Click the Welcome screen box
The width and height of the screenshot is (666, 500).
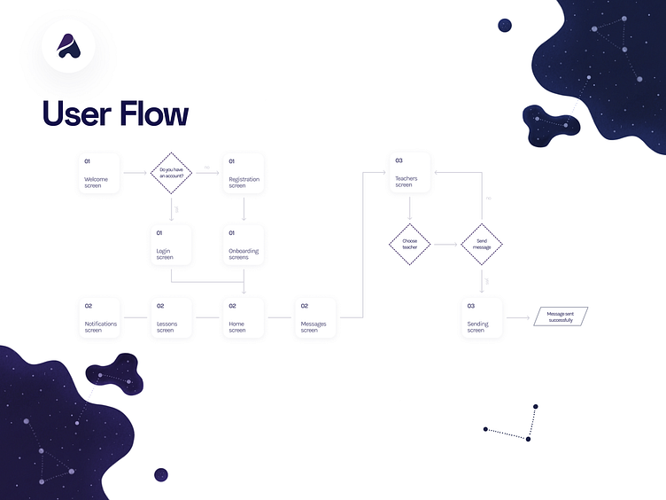99,174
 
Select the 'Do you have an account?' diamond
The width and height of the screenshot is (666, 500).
172,174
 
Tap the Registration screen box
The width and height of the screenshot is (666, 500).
244,174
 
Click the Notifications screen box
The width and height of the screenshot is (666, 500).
99,316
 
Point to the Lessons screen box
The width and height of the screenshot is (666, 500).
171,316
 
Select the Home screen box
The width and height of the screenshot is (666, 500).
244,316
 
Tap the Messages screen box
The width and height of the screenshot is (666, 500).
315,316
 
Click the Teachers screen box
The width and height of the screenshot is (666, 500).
410,174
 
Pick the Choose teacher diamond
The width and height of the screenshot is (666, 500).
409,244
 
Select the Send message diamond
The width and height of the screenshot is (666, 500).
482,244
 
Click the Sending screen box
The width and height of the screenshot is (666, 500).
482,316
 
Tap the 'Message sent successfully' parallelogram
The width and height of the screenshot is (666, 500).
560,316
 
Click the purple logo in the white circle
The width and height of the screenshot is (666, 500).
68,46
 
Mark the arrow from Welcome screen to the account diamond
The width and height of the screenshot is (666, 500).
135,174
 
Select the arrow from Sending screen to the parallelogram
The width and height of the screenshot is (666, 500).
518,316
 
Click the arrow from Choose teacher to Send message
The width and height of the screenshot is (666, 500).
445,244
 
